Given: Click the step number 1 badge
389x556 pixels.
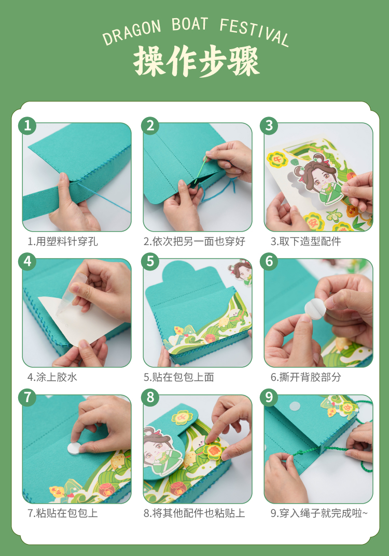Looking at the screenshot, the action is click(x=27, y=125).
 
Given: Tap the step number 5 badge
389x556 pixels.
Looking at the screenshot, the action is click(x=150, y=261).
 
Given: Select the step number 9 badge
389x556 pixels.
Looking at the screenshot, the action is click(x=269, y=397).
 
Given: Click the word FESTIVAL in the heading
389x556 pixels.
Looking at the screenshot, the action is click(x=254, y=32).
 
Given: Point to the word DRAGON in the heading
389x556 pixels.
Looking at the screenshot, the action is click(x=132, y=33).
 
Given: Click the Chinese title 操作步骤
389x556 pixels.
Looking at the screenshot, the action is click(x=196, y=61).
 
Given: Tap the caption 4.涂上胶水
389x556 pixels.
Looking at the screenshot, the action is click(x=52, y=377).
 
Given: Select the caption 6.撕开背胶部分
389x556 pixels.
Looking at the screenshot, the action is click(x=305, y=377).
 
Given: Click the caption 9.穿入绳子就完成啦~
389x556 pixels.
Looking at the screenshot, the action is click(x=319, y=513).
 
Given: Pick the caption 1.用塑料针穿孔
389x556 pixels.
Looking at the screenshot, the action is click(x=62, y=241).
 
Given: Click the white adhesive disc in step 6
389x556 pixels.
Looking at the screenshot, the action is click(x=315, y=308).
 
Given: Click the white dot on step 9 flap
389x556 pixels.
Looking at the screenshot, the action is click(x=295, y=406).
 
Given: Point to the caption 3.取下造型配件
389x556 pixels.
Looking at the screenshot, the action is click(x=305, y=241).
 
